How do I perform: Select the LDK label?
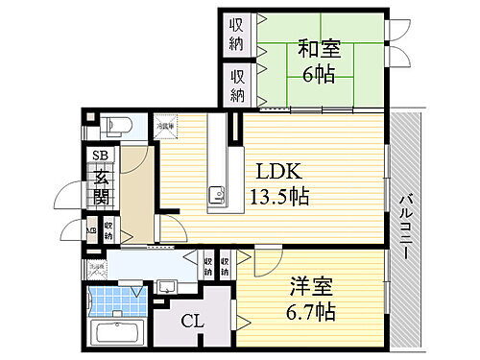pos(278,171)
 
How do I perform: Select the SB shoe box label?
pos(99,156)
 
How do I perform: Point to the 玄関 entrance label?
pos(101,186)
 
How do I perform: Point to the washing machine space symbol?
pos(97,270)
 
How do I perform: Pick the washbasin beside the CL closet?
pos(163,285)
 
